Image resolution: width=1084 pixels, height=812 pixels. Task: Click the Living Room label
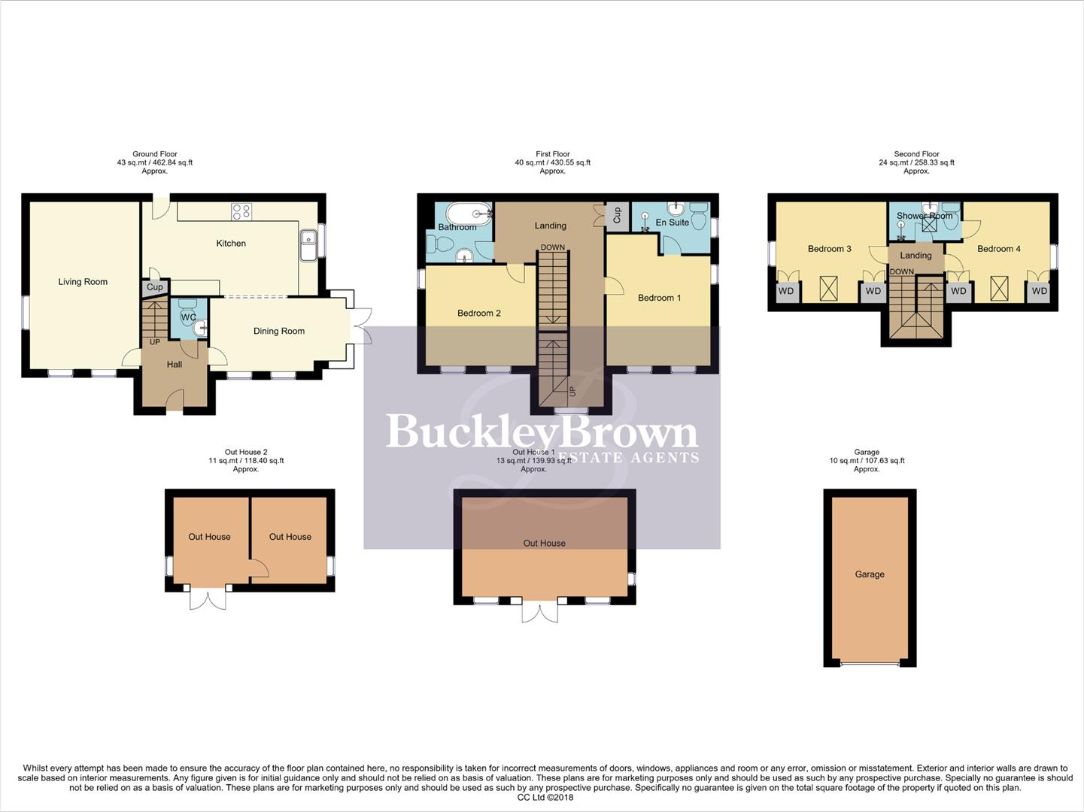pos(83,282)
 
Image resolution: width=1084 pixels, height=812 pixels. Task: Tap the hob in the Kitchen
pos(241,212)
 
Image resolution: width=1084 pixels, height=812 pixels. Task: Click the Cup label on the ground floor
pos(155,287)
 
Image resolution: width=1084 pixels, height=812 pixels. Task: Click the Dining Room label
pos(278,331)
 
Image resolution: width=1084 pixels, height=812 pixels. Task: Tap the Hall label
pos(175,365)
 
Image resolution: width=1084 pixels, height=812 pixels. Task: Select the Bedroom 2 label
pos(478,314)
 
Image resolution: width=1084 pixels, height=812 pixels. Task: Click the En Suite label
pos(672,223)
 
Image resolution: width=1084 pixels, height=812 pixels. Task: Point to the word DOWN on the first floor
pos(552,247)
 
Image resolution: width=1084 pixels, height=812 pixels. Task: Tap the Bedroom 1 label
pos(659,298)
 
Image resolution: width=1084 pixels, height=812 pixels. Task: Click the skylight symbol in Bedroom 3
pos(828,289)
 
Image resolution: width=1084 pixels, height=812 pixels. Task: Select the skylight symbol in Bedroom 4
pos(999,289)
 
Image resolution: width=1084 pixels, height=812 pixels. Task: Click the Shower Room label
pos(925,216)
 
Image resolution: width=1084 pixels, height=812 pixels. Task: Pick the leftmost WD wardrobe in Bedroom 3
pos(786,292)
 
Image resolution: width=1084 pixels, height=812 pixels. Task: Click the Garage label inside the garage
pos(870,574)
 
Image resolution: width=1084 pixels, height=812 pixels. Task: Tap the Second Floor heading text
pos(916,154)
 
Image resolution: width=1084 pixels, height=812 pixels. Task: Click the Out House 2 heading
pos(246,452)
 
